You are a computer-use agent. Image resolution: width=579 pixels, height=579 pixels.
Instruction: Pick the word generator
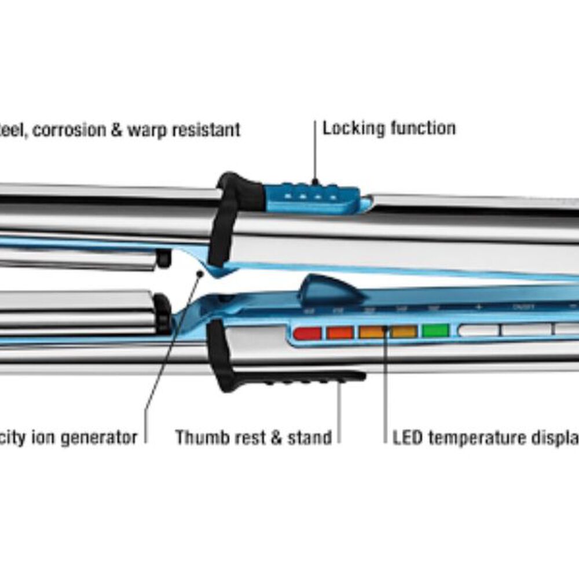95,437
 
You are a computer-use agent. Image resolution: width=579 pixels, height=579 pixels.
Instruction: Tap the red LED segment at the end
307,333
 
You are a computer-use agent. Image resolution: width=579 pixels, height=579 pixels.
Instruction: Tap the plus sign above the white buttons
478,307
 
